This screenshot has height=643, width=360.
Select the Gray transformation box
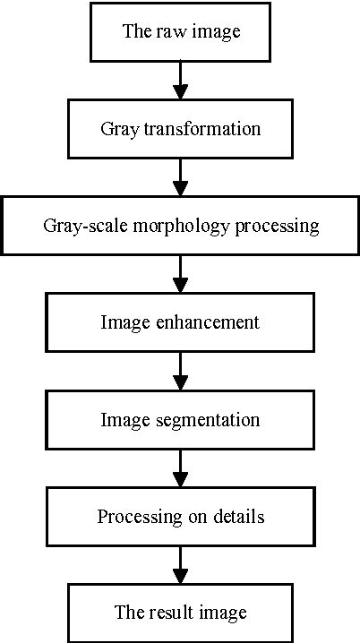[x=180, y=128]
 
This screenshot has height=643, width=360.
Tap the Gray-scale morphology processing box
[x=180, y=225]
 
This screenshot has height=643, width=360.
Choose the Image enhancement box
[x=180, y=321]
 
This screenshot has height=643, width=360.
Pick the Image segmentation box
[x=180, y=418]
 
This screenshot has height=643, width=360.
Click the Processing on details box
[x=180, y=517]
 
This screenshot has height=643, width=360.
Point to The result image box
[x=180, y=613]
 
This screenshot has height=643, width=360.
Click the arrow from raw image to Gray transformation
[x=180, y=81]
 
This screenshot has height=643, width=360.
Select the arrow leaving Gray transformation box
[x=180, y=177]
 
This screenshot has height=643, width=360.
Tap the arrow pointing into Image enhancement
[x=180, y=274]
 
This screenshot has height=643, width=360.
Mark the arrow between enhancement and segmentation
[x=180, y=371]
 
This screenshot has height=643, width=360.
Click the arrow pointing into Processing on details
[x=180, y=468]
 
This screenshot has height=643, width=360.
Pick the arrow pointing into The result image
[x=180, y=565]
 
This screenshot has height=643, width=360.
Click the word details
[x=238, y=517]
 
